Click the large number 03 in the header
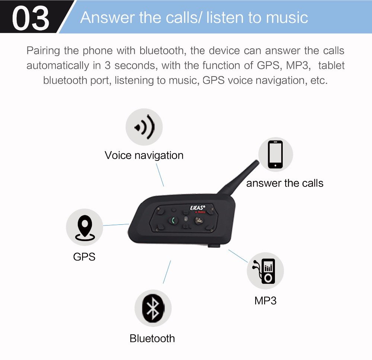(31, 18)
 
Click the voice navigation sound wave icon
(144, 127)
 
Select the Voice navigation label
(144, 156)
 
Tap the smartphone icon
(275, 155)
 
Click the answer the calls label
(285, 183)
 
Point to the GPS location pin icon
(85, 227)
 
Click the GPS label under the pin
(84, 257)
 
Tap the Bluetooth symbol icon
(153, 308)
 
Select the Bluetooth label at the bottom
(152, 338)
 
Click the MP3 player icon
(265, 271)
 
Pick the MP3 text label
(265, 301)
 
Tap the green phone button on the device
(173, 220)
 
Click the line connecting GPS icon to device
(116, 225)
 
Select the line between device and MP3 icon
(238, 256)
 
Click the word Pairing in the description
(43, 51)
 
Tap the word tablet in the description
(331, 65)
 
